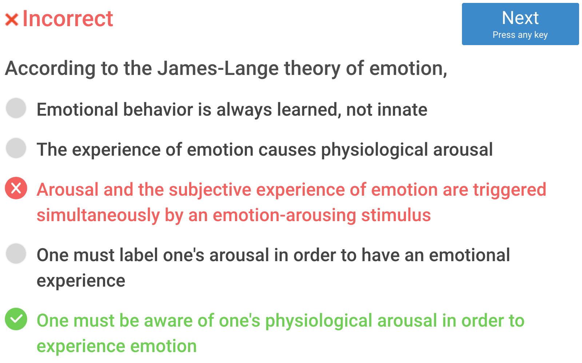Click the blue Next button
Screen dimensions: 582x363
click(520, 24)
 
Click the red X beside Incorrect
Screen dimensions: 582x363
click(12, 20)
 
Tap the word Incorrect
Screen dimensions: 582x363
click(68, 19)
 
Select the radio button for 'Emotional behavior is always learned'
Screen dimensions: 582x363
click(16, 108)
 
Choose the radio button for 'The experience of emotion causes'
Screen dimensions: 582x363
click(16, 148)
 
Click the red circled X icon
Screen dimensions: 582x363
click(16, 188)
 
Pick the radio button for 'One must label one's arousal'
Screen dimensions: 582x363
click(16, 254)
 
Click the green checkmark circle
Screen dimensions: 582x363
click(16, 319)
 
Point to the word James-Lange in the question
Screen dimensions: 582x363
click(218, 69)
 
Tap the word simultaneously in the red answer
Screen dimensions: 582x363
click(98, 216)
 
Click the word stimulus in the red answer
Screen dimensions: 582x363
click(396, 216)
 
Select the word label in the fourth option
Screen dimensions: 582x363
click(139, 255)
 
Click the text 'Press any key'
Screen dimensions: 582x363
click(520, 35)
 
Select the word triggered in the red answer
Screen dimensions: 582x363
click(510, 190)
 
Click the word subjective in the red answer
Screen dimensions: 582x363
click(210, 190)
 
